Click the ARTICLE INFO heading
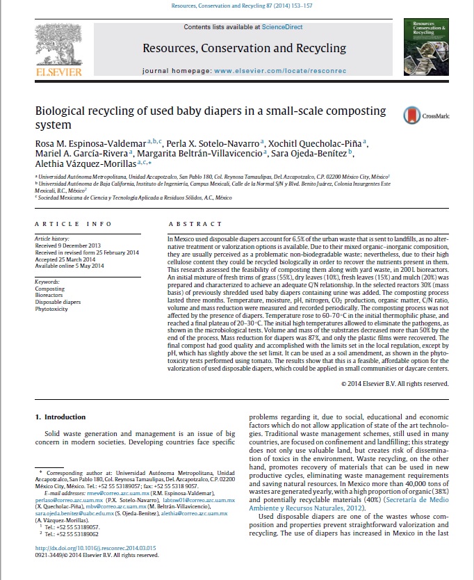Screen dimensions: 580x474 [x=73, y=224]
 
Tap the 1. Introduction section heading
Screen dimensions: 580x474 [x=60, y=417]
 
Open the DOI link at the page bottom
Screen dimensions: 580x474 [x=95, y=549]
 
